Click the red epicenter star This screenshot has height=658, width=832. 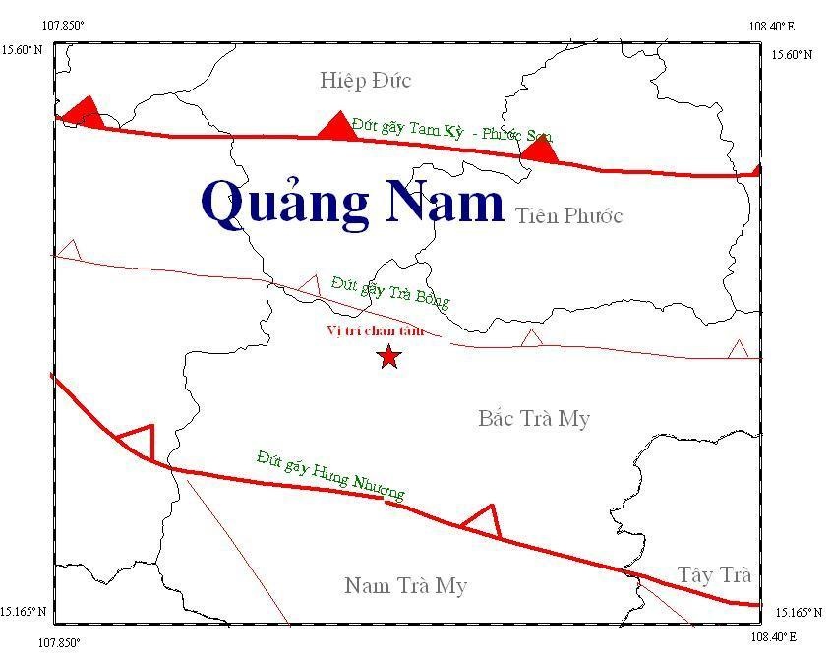point(388,356)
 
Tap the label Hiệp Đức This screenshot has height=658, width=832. point(365,81)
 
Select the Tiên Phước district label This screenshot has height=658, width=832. point(568,216)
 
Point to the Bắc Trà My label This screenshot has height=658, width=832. point(534,419)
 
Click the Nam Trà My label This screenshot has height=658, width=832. point(405,586)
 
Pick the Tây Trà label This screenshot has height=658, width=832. point(715,574)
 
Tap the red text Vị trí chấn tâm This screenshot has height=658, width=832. point(375,330)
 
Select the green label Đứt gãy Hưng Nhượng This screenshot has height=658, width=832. point(330,474)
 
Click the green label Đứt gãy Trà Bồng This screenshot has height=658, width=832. point(389,293)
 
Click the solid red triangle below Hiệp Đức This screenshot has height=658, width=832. point(336,126)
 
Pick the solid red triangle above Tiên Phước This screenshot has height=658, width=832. point(539,150)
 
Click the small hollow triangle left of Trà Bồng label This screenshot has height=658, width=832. point(310,285)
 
